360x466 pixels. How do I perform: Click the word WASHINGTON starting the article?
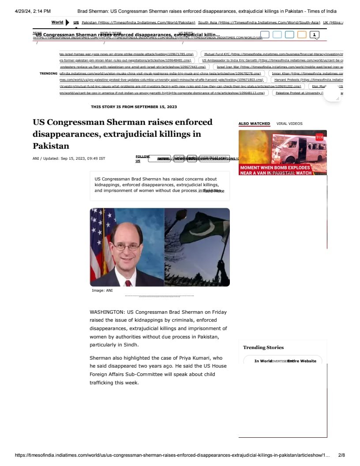coord(106,312)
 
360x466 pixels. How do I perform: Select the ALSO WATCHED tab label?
coord(254,124)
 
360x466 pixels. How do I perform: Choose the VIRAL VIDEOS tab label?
coord(289,124)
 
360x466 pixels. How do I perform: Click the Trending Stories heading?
coord(263,347)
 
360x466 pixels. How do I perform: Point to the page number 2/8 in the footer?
coord(341,455)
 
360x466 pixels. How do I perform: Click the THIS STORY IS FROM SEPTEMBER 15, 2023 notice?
coord(134,107)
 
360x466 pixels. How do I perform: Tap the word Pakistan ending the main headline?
coord(51,146)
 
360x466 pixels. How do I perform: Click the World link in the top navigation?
coord(57,22)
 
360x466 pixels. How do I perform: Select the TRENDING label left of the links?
coord(49,73)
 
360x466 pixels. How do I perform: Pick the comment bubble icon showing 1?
coord(315,35)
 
